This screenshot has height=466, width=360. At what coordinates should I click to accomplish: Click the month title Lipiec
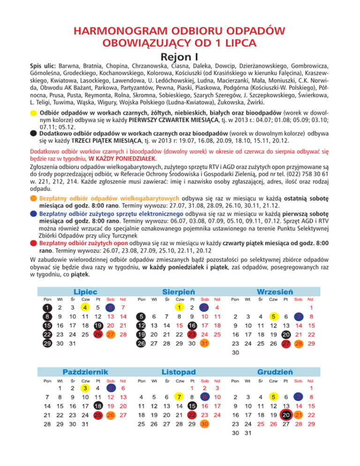pyautogui.click(x=85, y=291)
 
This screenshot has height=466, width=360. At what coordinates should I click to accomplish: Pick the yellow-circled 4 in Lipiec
pyautogui.click(x=84, y=308)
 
